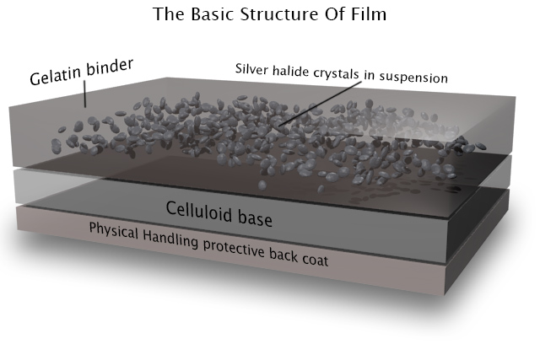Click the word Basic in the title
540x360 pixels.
pyautogui.click(x=209, y=15)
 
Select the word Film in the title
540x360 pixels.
pyautogui.click(x=367, y=15)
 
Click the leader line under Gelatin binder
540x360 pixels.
pyautogui.click(x=84, y=94)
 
